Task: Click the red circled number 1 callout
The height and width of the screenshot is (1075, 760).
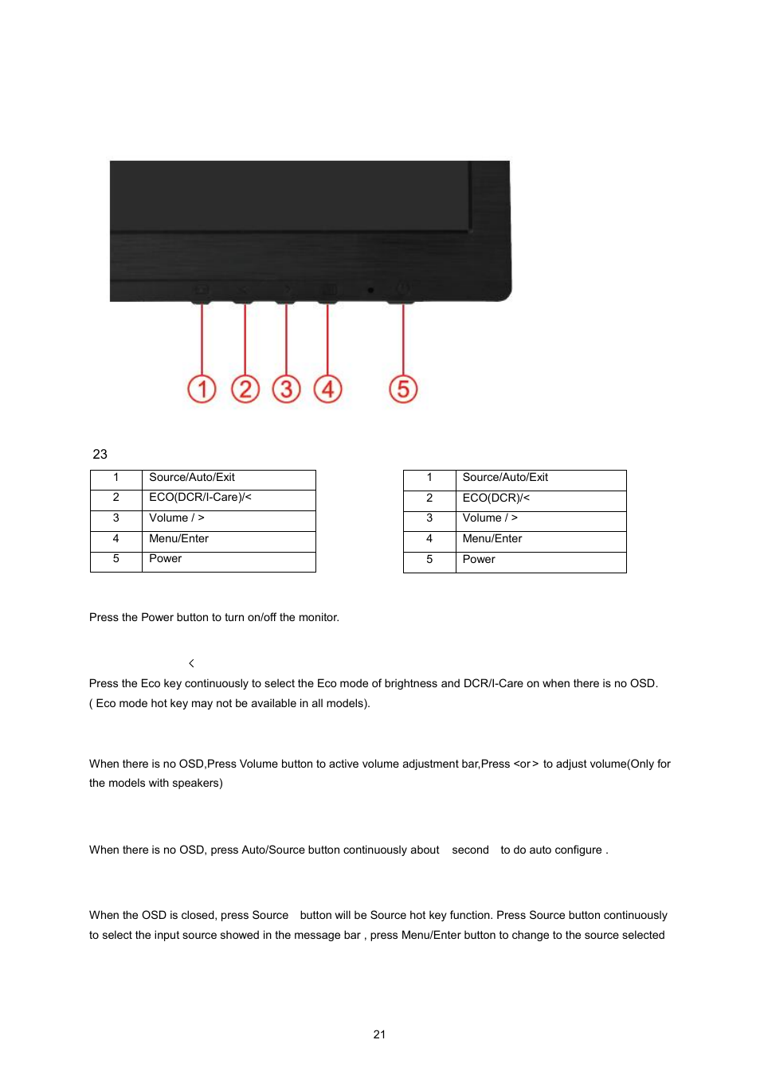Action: pyautogui.click(x=202, y=389)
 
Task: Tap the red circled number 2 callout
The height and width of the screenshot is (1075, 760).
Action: pyautogui.click(x=245, y=389)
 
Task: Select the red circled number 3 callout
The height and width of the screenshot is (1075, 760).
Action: pyautogui.click(x=287, y=389)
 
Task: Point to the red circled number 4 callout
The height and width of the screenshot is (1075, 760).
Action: pyautogui.click(x=328, y=389)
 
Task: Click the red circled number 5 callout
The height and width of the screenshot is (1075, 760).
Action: pyautogui.click(x=403, y=389)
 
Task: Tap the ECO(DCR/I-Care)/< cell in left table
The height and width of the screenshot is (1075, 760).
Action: pyautogui.click(x=200, y=498)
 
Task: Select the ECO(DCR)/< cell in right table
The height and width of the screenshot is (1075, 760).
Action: pyautogui.click(x=496, y=498)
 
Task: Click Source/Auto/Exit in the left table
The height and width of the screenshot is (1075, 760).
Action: pyautogui.click(x=192, y=478)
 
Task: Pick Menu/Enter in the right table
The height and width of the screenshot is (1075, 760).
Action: pyautogui.click(x=492, y=539)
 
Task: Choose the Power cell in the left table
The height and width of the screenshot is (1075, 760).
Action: pyautogui.click(x=166, y=559)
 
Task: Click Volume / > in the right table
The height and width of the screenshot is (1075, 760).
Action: pyautogui.click(x=490, y=518)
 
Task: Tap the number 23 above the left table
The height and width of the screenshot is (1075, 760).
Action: pyautogui.click(x=100, y=455)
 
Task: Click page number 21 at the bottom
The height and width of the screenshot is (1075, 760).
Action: pyautogui.click(x=379, y=1034)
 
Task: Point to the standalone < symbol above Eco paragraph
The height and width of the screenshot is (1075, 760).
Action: pyautogui.click(x=191, y=663)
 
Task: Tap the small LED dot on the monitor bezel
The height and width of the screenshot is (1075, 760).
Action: pyautogui.click(x=370, y=291)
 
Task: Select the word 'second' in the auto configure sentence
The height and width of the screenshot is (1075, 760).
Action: pyautogui.click(x=470, y=850)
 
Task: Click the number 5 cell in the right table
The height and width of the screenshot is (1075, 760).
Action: pyautogui.click(x=429, y=560)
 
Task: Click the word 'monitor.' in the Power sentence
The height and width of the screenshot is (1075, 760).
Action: pyautogui.click(x=319, y=618)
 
